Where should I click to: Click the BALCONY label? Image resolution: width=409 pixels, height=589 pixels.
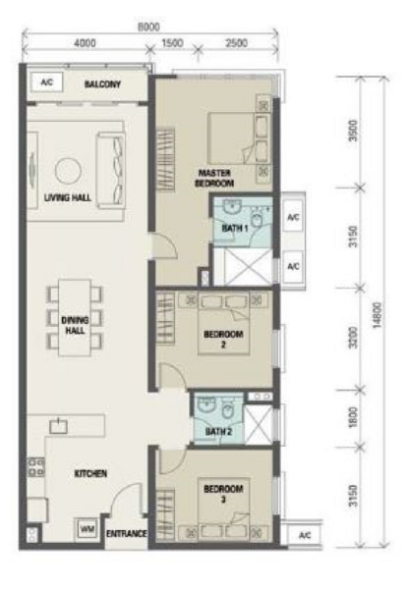pyautogui.click(x=102, y=84)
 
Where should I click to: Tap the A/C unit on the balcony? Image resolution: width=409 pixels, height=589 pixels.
pyautogui.click(x=46, y=81)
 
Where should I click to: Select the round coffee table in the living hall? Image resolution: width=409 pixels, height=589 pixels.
pyautogui.click(x=68, y=171)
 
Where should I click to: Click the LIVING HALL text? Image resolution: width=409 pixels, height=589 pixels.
pyautogui.click(x=68, y=197)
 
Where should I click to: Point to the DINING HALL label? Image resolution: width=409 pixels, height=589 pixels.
pyautogui.click(x=75, y=325)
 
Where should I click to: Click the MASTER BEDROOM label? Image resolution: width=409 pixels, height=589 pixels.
pyautogui.click(x=214, y=178)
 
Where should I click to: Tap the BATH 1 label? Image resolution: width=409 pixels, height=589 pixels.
pyautogui.click(x=235, y=228)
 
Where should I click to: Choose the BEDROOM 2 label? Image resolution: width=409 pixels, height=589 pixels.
pyautogui.click(x=223, y=339)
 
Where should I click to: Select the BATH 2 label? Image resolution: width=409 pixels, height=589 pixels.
pyautogui.click(x=218, y=432)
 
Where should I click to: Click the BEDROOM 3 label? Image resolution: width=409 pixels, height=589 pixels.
pyautogui.click(x=223, y=494)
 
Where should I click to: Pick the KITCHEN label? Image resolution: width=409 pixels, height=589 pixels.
pyautogui.click(x=90, y=474)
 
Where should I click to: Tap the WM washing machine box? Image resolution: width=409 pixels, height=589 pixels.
pyautogui.click(x=88, y=529)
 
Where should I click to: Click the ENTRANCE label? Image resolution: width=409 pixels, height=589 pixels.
pyautogui.click(x=127, y=533)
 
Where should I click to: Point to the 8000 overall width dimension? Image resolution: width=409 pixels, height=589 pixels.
pyautogui.click(x=148, y=27)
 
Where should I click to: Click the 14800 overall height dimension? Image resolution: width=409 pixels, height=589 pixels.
pyautogui.click(x=378, y=315)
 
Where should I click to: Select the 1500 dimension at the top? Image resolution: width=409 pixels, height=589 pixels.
pyautogui.click(x=173, y=43)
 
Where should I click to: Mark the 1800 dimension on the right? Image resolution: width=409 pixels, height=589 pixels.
pyautogui.click(x=353, y=417)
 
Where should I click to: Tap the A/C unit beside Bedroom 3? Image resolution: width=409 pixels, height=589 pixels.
pyautogui.click(x=305, y=535)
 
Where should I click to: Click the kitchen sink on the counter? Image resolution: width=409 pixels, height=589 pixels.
pyautogui.click(x=58, y=426)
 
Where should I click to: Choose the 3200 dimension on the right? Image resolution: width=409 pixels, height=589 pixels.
pyautogui.click(x=353, y=338)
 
